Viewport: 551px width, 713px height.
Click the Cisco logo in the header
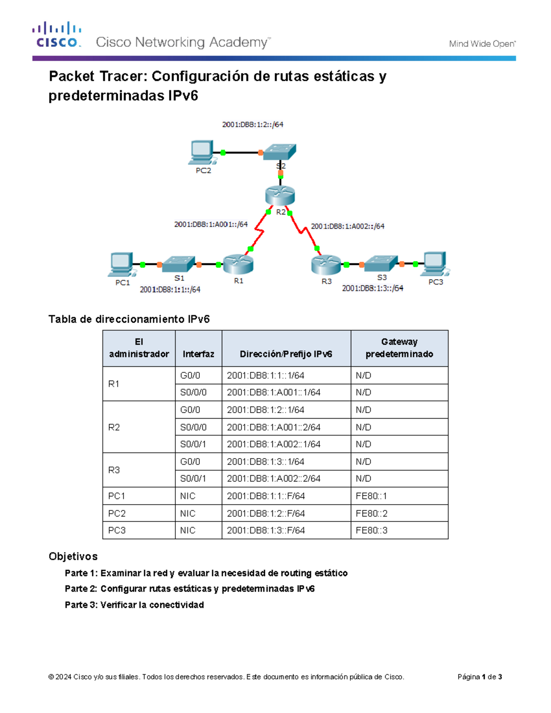click(x=57, y=34)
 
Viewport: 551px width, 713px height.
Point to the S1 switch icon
click(x=179, y=264)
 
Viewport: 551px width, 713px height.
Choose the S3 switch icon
click(x=381, y=263)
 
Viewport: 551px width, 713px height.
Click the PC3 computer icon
click(x=435, y=264)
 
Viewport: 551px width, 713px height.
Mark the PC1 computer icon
click(x=121, y=264)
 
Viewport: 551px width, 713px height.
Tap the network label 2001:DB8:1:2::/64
click(x=253, y=124)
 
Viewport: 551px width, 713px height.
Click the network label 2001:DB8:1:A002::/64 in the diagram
click(x=348, y=226)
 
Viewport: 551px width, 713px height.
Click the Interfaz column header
click(x=198, y=354)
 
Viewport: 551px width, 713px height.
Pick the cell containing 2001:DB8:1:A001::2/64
click(x=274, y=427)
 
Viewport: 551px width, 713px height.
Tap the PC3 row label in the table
click(x=117, y=530)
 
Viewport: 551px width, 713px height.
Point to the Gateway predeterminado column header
click(x=399, y=348)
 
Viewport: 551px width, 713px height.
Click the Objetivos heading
click(x=73, y=556)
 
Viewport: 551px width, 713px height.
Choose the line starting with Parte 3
click(x=134, y=605)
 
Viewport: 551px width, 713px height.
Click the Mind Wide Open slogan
click(x=482, y=44)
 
